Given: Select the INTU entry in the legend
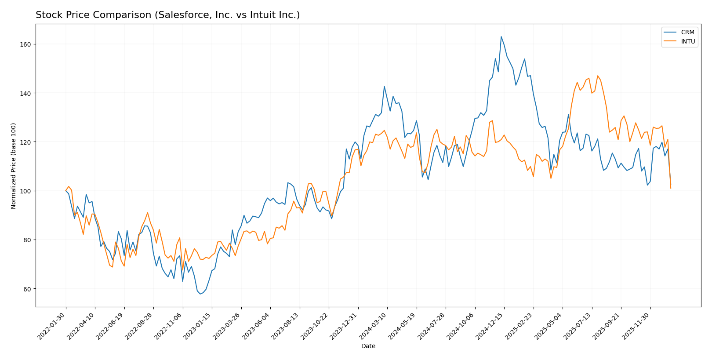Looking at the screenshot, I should tap(688, 41).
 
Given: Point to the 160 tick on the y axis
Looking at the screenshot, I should tap(27, 44).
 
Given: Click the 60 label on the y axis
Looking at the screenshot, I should tap(29, 289).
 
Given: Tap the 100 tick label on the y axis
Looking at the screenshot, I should tap(27, 191).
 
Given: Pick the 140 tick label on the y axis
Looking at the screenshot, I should tap(27, 93).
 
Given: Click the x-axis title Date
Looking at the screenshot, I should tap(368, 346).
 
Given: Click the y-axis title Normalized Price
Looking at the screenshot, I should tap(14, 166).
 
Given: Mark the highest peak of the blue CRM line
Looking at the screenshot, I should tap(501, 36).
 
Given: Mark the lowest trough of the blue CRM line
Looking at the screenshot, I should tap(200, 294).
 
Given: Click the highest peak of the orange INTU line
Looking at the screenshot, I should tap(597, 76).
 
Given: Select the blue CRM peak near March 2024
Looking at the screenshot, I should tap(384, 86).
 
